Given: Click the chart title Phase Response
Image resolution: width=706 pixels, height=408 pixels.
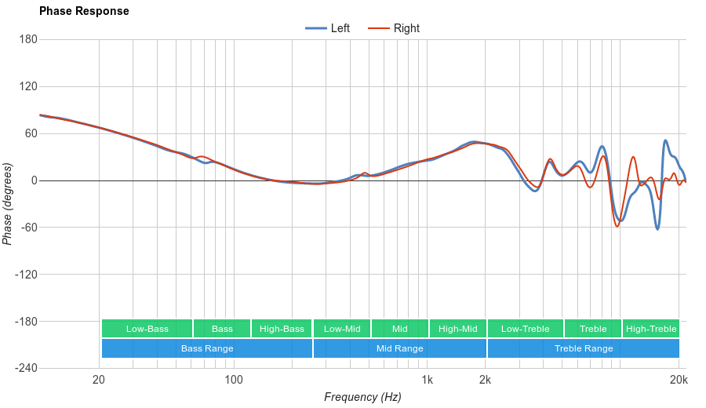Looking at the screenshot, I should click(x=84, y=12).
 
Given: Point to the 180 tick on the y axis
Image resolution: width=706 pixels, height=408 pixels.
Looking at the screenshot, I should click(x=28, y=40).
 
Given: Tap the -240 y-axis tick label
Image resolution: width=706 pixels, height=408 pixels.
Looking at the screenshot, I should click(x=26, y=369).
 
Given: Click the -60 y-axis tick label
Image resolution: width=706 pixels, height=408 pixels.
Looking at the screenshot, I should click(x=28, y=228).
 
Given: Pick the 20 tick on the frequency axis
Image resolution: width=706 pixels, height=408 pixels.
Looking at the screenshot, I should click(x=99, y=381).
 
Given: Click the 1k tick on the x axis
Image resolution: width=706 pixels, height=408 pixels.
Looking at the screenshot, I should click(x=427, y=381).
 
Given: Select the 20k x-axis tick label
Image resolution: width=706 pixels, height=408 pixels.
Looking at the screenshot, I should click(x=679, y=381).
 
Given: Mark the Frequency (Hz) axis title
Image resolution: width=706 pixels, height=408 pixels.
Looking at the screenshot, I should click(x=362, y=397).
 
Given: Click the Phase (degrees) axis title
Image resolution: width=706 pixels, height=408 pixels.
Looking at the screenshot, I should click(x=8, y=204).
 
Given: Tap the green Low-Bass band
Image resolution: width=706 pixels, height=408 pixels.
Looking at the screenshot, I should click(x=147, y=329).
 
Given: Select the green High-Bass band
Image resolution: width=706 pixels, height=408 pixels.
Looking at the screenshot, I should click(x=282, y=329).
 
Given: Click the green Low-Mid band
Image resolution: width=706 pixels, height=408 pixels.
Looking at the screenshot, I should click(x=342, y=329).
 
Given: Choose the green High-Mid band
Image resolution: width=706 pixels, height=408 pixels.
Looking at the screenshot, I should click(x=458, y=329).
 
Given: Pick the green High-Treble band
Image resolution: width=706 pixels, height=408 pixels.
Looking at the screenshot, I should click(x=651, y=329).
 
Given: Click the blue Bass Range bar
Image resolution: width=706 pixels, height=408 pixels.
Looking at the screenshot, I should click(x=207, y=348).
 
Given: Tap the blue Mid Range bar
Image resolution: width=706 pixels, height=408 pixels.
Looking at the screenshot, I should click(x=400, y=348).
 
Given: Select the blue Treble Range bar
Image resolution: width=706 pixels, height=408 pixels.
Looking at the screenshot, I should click(x=584, y=348).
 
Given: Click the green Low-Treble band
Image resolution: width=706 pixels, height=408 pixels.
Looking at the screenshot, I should click(x=525, y=329).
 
